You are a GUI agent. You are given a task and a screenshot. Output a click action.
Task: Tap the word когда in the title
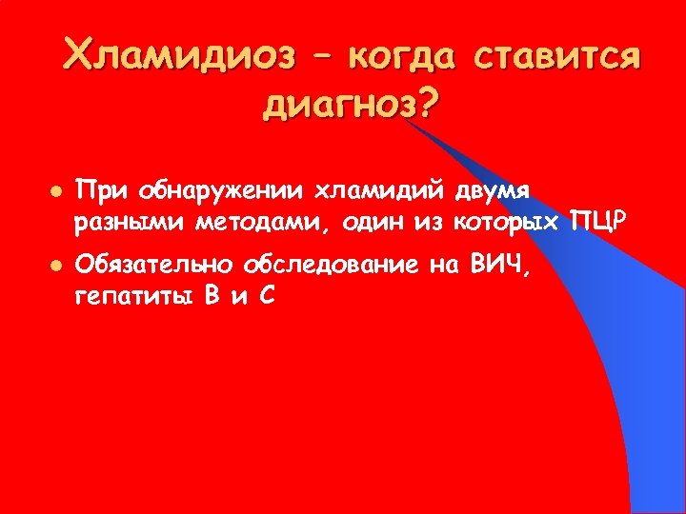click(x=402, y=56)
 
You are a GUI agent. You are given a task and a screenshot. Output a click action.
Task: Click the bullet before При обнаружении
click(x=57, y=191)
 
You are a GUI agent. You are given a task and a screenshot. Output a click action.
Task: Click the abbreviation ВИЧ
click(x=502, y=266)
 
